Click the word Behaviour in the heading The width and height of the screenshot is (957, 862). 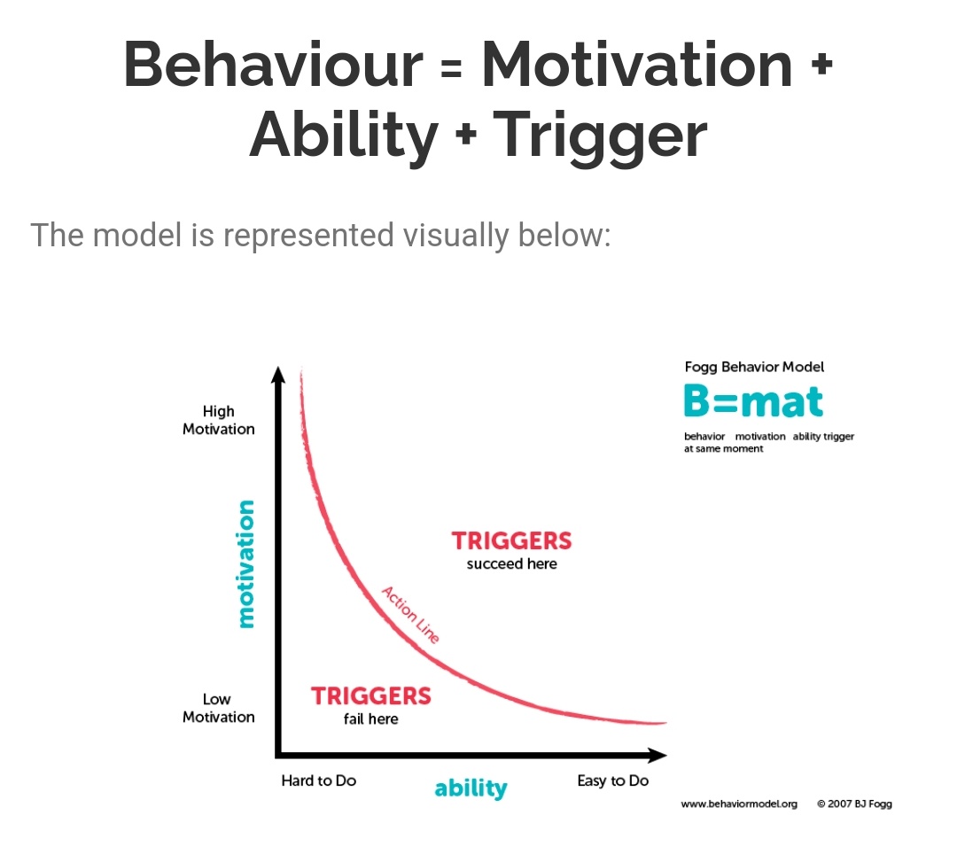pos(273,64)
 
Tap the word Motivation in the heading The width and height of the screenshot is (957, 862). pos(636,64)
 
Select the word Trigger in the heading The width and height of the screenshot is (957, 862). pos(600,135)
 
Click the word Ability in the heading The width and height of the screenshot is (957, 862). pos(344,135)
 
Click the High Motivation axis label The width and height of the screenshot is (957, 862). pos(218,420)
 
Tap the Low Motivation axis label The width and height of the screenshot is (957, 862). pos(218,708)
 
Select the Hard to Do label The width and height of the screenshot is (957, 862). pos(318,780)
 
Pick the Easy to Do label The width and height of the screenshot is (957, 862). pos(612,780)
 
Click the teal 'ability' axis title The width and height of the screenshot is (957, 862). pos(471,788)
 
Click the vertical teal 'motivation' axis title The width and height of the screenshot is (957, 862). pos(245,564)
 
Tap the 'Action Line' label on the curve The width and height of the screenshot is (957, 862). pos(410,613)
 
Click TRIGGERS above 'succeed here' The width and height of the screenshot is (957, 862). pos(511,540)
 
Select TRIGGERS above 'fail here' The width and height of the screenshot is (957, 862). pos(370,695)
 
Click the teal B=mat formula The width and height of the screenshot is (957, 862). pos(753,401)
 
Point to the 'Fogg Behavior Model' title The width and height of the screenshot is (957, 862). pos(754,367)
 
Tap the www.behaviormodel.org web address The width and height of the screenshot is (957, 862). pos(739,804)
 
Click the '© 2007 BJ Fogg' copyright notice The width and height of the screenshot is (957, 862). pos(854,804)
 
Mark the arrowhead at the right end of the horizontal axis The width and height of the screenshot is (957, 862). pos(657,755)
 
